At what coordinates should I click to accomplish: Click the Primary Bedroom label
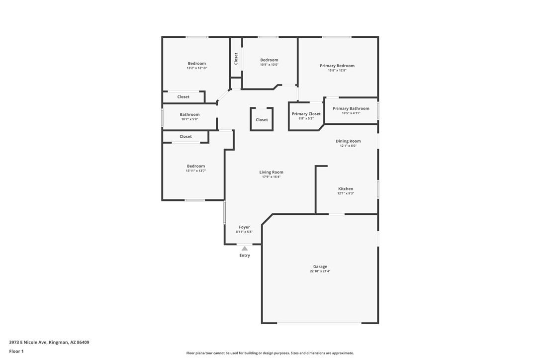click(337, 66)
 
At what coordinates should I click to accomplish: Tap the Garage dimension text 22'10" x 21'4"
click(320, 271)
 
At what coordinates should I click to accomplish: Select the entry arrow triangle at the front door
click(245, 249)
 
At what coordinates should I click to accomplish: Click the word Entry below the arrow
click(245, 255)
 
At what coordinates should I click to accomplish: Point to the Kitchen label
click(346, 189)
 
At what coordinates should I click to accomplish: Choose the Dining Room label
click(348, 141)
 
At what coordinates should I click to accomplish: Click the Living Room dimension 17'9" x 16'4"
click(271, 177)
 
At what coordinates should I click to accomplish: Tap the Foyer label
click(244, 227)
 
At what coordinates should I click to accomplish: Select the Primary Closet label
click(306, 114)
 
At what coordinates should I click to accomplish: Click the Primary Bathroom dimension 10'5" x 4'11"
click(351, 113)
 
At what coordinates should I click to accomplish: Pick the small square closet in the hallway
click(262, 119)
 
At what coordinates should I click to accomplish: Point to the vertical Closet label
click(236, 59)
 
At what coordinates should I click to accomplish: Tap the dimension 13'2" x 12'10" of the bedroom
click(196, 68)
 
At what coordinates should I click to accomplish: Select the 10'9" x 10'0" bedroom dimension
click(270, 65)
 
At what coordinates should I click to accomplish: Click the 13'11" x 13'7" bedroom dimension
click(196, 171)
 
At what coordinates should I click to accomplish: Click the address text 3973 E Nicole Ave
click(28, 343)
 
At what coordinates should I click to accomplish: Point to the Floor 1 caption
click(16, 352)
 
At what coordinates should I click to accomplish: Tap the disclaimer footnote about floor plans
click(270, 353)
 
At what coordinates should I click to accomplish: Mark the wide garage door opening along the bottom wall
click(319, 323)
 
